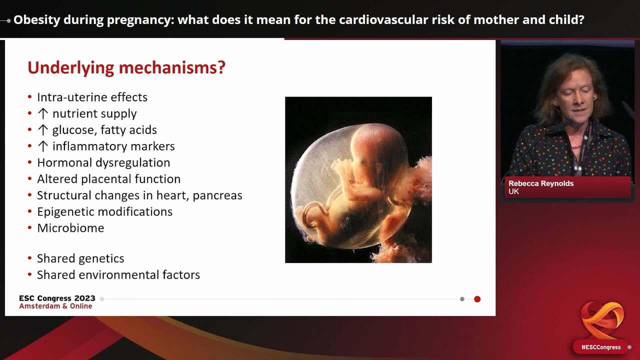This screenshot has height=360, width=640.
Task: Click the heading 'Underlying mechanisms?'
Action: tap(126, 67)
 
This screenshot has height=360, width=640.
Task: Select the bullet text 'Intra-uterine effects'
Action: tap(92, 97)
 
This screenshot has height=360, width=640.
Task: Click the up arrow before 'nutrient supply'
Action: tap(43, 113)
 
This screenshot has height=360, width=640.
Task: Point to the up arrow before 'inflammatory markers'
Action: tap(43, 146)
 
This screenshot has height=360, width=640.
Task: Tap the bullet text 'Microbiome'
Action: tap(70, 228)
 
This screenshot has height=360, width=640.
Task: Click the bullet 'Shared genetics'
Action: tap(80, 258)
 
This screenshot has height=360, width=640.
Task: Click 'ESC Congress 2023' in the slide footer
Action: tap(57, 298)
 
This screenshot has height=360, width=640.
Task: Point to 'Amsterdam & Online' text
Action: tap(55, 306)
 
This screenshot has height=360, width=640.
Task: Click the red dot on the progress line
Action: tap(477, 299)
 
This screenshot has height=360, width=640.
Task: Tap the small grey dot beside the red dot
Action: tap(462, 299)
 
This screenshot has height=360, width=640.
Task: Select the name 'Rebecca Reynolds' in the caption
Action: tap(541, 183)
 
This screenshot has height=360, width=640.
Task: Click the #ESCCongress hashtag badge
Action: tap(600, 347)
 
